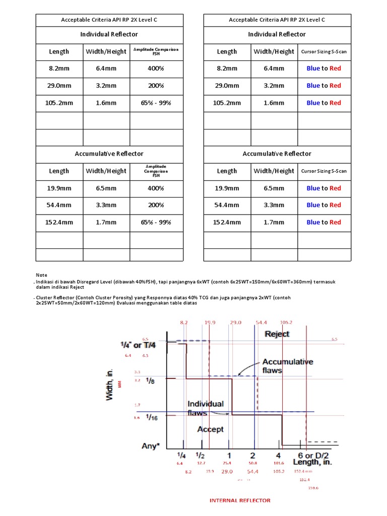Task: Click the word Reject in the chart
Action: (x=277, y=334)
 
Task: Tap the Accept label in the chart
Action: (x=210, y=429)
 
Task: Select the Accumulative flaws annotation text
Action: (x=287, y=366)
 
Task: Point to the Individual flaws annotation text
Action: (x=206, y=408)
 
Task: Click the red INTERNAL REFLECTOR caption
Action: (x=240, y=500)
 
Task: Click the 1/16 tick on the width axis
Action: (x=151, y=417)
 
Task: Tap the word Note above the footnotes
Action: (x=41, y=275)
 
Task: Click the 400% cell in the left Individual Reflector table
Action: (x=156, y=69)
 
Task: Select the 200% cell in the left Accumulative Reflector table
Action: (x=156, y=205)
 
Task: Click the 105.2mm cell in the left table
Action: (x=59, y=103)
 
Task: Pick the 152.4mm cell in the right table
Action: (x=227, y=222)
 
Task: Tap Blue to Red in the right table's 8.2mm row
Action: (x=324, y=69)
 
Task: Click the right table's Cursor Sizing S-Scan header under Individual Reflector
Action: (x=324, y=51)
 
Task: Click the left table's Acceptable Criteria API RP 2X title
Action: (x=109, y=20)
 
